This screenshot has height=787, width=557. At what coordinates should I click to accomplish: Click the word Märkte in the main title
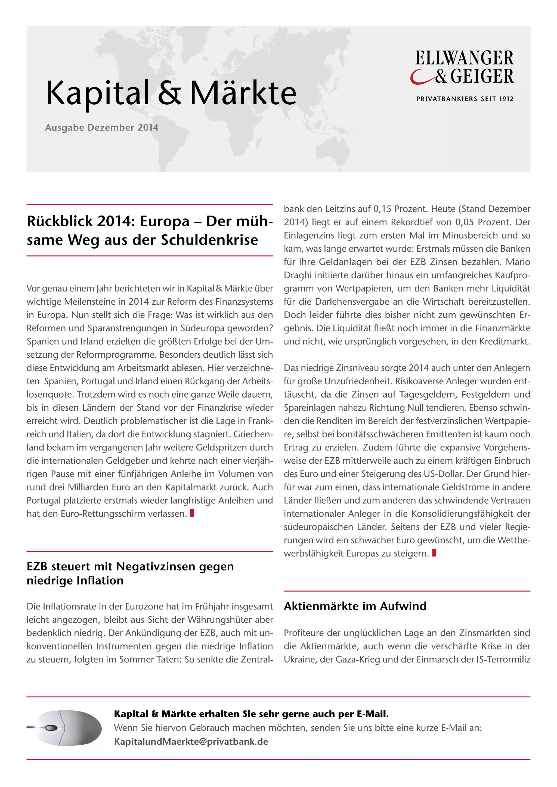tap(243, 93)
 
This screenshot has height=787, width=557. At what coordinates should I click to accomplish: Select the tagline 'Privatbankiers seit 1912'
tap(465, 99)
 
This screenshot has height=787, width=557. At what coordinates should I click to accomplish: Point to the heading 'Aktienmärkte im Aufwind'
tap(355, 606)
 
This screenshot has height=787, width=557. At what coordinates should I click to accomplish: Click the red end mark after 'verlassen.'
tap(192, 513)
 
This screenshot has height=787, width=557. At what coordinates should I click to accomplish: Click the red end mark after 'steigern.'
tap(434, 553)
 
